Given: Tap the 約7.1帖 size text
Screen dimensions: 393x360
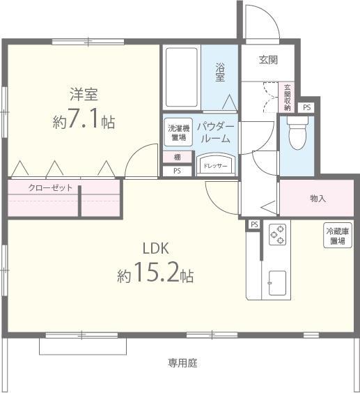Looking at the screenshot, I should click(x=84, y=122).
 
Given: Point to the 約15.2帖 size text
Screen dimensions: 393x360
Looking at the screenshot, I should click(x=155, y=276).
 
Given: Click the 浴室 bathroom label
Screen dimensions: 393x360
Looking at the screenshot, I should click(x=220, y=72).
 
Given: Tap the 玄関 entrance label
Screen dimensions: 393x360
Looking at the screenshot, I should click(x=269, y=61).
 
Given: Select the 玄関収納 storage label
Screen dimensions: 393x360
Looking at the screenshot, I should click(x=288, y=97).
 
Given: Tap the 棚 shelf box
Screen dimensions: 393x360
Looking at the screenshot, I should click(x=177, y=157).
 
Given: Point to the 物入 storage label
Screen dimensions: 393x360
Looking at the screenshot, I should click(x=318, y=199).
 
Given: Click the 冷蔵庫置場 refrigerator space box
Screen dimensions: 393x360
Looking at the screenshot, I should click(x=337, y=235).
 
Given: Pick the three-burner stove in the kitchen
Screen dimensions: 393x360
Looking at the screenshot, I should click(x=278, y=235).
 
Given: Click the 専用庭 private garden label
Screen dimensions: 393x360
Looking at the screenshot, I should click(x=184, y=363).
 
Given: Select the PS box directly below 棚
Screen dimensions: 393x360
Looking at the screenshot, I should click(x=177, y=170).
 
